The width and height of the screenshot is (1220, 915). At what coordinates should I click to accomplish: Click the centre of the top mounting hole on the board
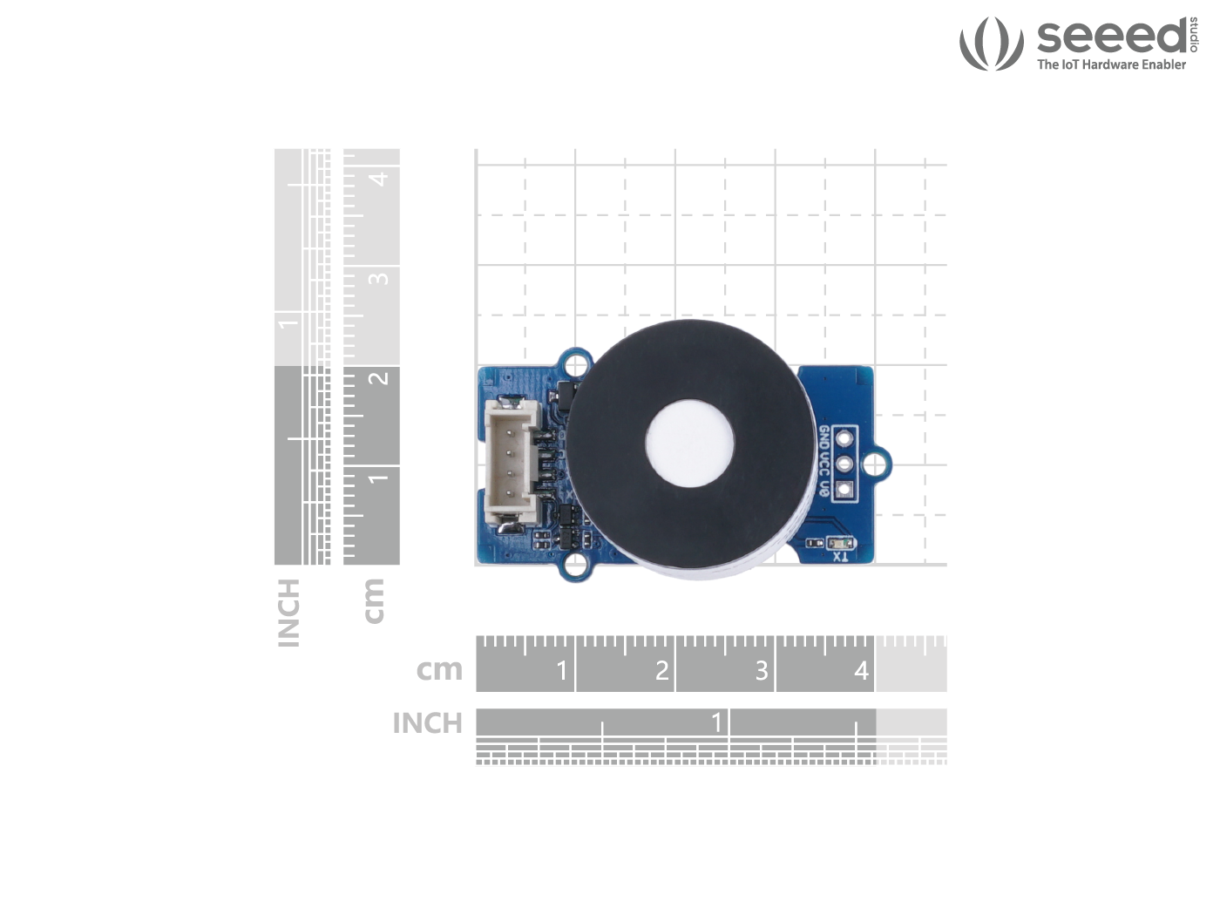click(576, 364)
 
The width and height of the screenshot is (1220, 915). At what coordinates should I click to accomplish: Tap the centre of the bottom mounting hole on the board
click(576, 566)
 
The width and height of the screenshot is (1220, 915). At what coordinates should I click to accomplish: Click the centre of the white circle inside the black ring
click(689, 442)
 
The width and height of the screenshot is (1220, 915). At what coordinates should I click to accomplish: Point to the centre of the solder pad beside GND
click(844, 438)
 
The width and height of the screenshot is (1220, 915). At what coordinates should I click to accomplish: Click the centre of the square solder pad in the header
click(844, 489)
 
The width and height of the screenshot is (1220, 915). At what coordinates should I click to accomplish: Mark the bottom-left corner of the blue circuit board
click(478, 563)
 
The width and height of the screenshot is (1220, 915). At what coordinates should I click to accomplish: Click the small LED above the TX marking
click(842, 542)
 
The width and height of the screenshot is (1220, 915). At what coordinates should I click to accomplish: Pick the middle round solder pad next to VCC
click(844, 464)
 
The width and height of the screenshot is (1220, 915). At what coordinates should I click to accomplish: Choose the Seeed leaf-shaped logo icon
click(991, 44)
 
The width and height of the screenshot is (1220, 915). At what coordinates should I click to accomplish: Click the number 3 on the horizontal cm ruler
click(762, 670)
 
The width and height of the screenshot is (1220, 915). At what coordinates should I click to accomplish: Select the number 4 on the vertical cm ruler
click(380, 180)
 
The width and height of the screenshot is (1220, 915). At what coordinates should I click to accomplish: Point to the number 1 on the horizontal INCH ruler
click(717, 722)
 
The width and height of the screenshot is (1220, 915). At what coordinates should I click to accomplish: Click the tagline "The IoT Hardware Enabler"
click(1111, 64)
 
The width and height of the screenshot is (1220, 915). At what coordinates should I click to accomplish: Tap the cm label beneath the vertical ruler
click(374, 600)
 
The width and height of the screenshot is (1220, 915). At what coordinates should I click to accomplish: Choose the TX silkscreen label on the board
click(840, 556)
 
